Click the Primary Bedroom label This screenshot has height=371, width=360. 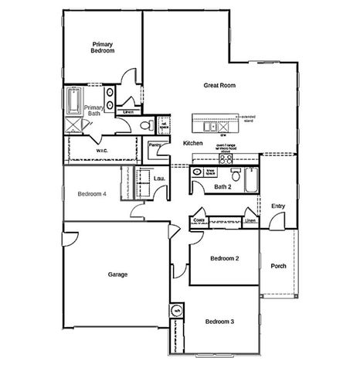(103, 47)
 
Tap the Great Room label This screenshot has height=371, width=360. (219, 86)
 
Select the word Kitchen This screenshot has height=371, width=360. (192, 144)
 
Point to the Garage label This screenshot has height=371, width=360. (117, 274)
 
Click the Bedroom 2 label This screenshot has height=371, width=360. (225, 258)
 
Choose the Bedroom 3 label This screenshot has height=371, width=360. (219, 321)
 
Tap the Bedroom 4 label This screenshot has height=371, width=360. (91, 194)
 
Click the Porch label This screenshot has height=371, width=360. (278, 267)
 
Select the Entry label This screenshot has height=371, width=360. (279, 205)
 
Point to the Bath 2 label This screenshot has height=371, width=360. (222, 186)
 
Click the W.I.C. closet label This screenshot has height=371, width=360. (101, 150)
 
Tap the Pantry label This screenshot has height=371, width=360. (155, 145)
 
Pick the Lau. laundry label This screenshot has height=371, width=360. (160, 179)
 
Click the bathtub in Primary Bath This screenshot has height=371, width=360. (74, 99)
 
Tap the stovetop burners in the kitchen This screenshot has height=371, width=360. (226, 160)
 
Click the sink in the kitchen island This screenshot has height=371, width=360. (210, 124)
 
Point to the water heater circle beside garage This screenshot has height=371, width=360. (176, 311)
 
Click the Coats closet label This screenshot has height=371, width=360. (198, 220)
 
